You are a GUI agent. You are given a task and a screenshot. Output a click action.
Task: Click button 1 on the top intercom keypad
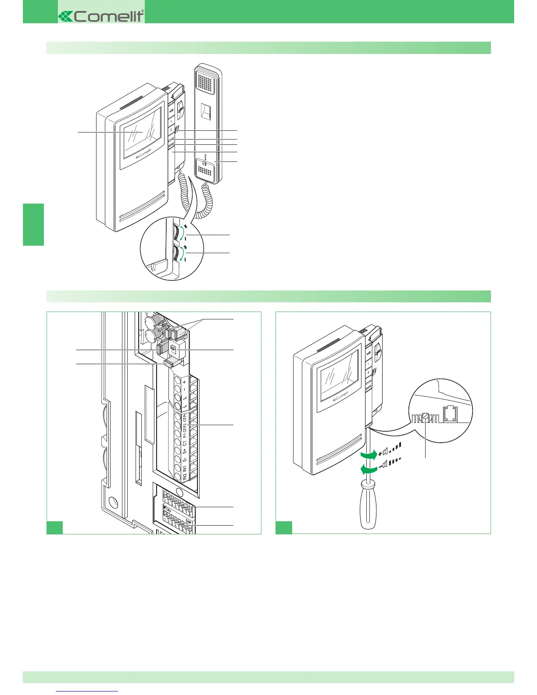point(171,122)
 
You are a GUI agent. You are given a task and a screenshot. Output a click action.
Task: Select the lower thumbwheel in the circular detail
point(179,254)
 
